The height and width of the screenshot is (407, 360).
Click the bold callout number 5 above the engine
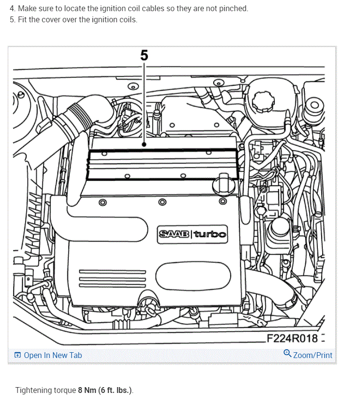coord(144,55)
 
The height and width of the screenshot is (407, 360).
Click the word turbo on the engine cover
coord(210,234)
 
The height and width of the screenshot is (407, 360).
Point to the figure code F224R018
coord(292,338)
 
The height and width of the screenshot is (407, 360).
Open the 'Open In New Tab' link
coord(53,355)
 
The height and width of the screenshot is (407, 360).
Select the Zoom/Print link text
coord(313,355)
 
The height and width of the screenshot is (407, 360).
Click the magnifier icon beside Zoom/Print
coord(287,354)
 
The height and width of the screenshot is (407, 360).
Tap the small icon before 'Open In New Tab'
coord(17,355)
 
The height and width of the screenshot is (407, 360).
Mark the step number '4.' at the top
coord(12,9)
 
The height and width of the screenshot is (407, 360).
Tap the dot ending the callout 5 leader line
coord(144,144)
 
